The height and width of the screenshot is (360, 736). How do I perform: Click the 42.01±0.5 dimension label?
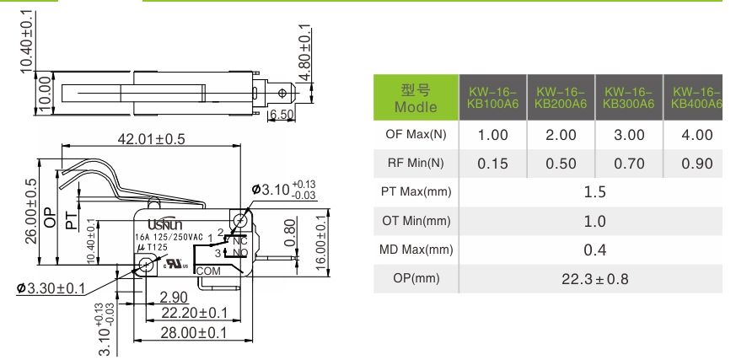tap(151, 139)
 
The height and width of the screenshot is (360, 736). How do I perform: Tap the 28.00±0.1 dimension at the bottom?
tap(193, 333)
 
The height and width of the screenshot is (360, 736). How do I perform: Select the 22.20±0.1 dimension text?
tap(194, 313)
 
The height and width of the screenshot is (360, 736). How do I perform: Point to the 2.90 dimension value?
tap(174, 298)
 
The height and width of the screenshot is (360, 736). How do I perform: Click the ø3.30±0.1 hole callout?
tap(51, 287)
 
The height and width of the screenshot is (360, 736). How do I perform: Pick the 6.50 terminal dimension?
tap(282, 114)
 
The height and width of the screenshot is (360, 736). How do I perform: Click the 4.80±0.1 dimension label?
tap(304, 52)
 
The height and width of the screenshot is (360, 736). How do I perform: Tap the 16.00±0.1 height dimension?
tap(321, 243)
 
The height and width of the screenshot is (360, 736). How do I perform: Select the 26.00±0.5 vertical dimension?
tap(31, 212)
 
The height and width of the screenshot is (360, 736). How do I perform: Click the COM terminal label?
tap(208, 271)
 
